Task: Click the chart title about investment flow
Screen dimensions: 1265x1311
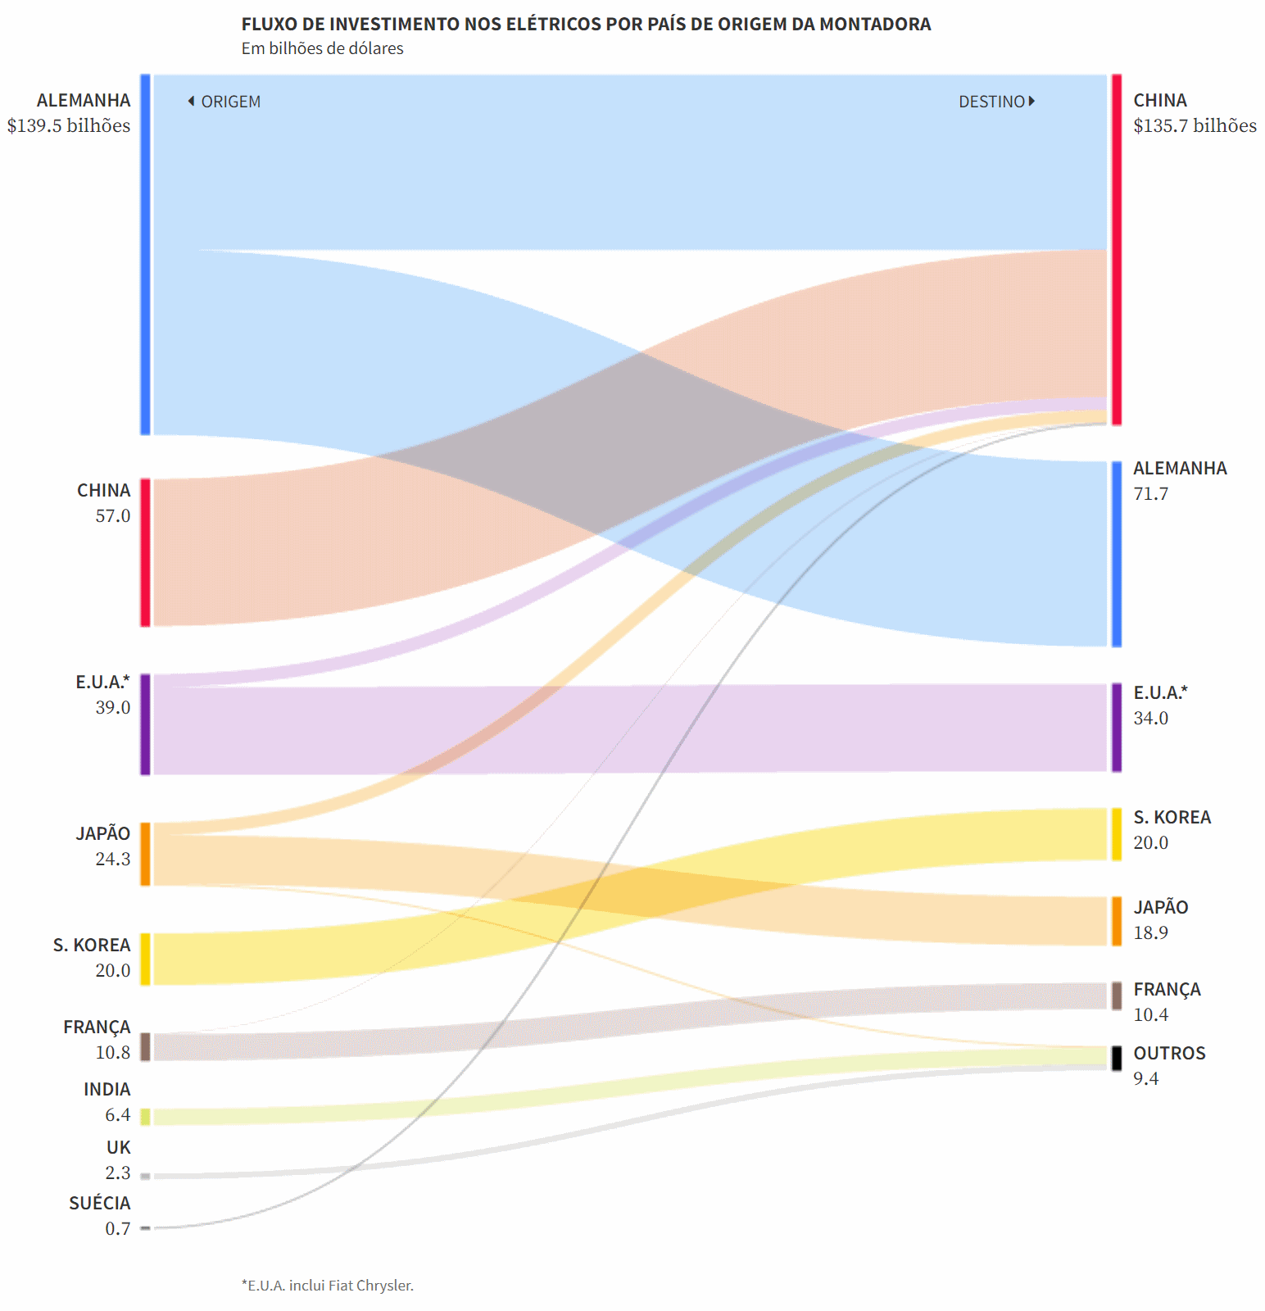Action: (x=586, y=24)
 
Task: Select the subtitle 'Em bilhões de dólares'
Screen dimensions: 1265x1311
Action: (x=322, y=48)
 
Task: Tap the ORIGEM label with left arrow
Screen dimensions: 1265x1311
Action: (x=224, y=102)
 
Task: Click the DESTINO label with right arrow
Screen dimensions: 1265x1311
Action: (x=997, y=102)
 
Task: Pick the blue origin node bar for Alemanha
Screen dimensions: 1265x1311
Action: (x=145, y=255)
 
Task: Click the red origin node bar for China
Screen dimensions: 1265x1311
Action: (x=145, y=553)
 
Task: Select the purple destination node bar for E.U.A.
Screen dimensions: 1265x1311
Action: (x=1117, y=728)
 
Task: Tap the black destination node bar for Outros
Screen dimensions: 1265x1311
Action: (x=1117, y=1059)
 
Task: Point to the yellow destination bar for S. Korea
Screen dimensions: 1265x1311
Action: (x=1117, y=834)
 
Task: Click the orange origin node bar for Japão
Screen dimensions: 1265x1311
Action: (x=145, y=855)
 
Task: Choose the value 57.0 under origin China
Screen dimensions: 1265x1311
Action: (x=113, y=516)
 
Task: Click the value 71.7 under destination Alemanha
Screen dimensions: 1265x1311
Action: (x=1151, y=494)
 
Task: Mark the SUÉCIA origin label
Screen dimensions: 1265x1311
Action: (x=100, y=1203)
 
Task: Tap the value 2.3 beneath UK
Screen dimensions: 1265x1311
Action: (x=118, y=1173)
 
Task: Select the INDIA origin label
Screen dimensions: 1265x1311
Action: (x=107, y=1089)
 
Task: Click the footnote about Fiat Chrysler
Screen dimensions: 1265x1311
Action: (x=328, y=1286)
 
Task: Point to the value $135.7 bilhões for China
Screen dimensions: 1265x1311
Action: (x=1195, y=125)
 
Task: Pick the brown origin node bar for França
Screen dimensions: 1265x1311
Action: (x=145, y=1047)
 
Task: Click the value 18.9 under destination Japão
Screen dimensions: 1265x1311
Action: (x=1151, y=933)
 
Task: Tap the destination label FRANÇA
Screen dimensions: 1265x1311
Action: (x=1168, y=989)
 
